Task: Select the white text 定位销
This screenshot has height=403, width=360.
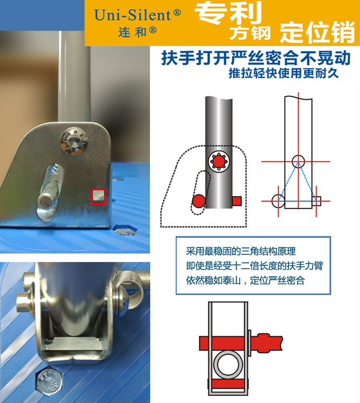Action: (x=318, y=33)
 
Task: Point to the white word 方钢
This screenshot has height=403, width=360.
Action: (x=250, y=33)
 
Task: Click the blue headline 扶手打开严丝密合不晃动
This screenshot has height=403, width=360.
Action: (x=256, y=58)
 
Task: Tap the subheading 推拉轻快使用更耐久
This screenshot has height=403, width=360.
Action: (x=284, y=73)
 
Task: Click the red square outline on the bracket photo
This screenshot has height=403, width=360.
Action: (x=99, y=197)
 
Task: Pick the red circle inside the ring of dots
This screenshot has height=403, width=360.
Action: (x=218, y=161)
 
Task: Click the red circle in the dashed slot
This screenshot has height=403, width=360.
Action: (x=199, y=201)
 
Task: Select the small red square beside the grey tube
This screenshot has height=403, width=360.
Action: (x=237, y=201)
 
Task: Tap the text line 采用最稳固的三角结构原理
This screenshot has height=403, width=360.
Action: (x=240, y=251)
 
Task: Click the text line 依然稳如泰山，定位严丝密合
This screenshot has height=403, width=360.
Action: (x=245, y=280)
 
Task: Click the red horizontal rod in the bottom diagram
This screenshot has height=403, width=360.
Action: (x=241, y=343)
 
